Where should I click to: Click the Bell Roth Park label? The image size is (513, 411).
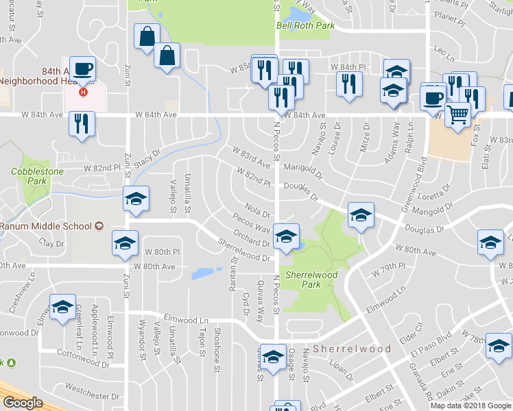point(305,26)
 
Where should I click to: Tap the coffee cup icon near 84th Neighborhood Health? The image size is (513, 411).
point(82,69)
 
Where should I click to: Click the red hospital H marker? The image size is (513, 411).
point(84,92)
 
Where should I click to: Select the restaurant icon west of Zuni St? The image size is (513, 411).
point(82,124)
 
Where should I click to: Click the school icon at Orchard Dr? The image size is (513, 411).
point(285,237)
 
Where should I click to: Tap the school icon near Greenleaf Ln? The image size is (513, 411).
point(62,307)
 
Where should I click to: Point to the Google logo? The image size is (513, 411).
point(23,403)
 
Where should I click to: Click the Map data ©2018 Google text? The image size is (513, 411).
point(470,406)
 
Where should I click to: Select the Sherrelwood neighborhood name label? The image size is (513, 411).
point(352,349)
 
